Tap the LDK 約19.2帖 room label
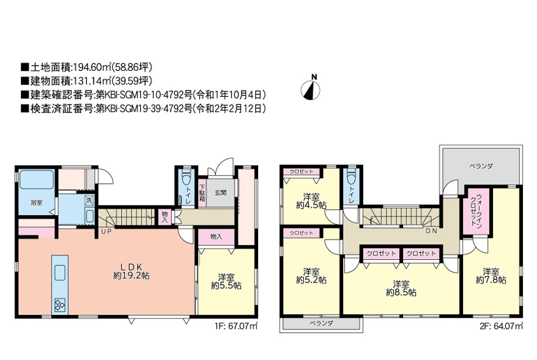click(131, 271)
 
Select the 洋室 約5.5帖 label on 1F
click(226, 281)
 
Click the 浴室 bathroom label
click(37, 202)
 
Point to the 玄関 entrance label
click(221, 193)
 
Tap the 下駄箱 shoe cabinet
click(202, 193)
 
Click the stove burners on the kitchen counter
click(61, 305)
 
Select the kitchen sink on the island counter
click(61, 273)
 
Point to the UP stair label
click(106, 231)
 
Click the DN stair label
click(432, 231)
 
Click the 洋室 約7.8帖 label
click(491, 276)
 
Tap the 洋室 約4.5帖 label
click(311, 201)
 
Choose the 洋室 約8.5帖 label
click(401, 288)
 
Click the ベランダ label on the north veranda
click(481, 166)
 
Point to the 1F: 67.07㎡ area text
click(236, 326)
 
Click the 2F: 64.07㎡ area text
click(502, 326)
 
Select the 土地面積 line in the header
click(87, 67)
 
